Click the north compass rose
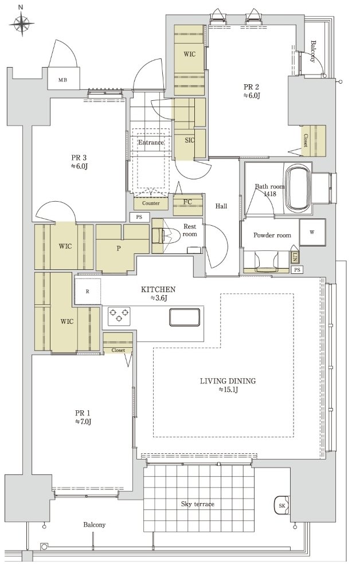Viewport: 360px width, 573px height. pyautogui.click(x=22, y=23)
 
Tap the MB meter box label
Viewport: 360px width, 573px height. pyautogui.click(x=63, y=80)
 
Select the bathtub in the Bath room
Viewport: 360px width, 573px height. pyautogui.click(x=298, y=188)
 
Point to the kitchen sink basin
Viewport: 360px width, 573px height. pyautogui.click(x=185, y=317)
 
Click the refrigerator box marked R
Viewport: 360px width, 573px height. pyautogui.click(x=88, y=291)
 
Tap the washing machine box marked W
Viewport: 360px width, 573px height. pyautogui.click(x=312, y=232)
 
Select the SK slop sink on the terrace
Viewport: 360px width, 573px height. pyautogui.click(x=282, y=505)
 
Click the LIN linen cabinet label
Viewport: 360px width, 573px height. pyautogui.click(x=295, y=258)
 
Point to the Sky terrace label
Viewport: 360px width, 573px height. pyautogui.click(x=198, y=504)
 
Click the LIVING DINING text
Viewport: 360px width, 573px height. pyautogui.click(x=228, y=381)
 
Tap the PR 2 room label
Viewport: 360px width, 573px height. pyautogui.click(x=251, y=87)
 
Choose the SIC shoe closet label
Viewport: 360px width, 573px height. pyautogui.click(x=189, y=140)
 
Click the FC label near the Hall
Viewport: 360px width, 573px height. pyautogui.click(x=187, y=202)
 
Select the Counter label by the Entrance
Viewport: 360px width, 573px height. pyautogui.click(x=151, y=203)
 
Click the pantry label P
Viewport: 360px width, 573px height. pyautogui.click(x=119, y=249)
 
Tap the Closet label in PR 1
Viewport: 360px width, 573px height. pyautogui.click(x=118, y=350)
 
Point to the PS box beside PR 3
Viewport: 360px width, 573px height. pyautogui.click(x=139, y=217)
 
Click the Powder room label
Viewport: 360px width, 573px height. pyautogui.click(x=272, y=236)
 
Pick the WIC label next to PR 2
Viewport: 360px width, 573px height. pyautogui.click(x=189, y=54)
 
